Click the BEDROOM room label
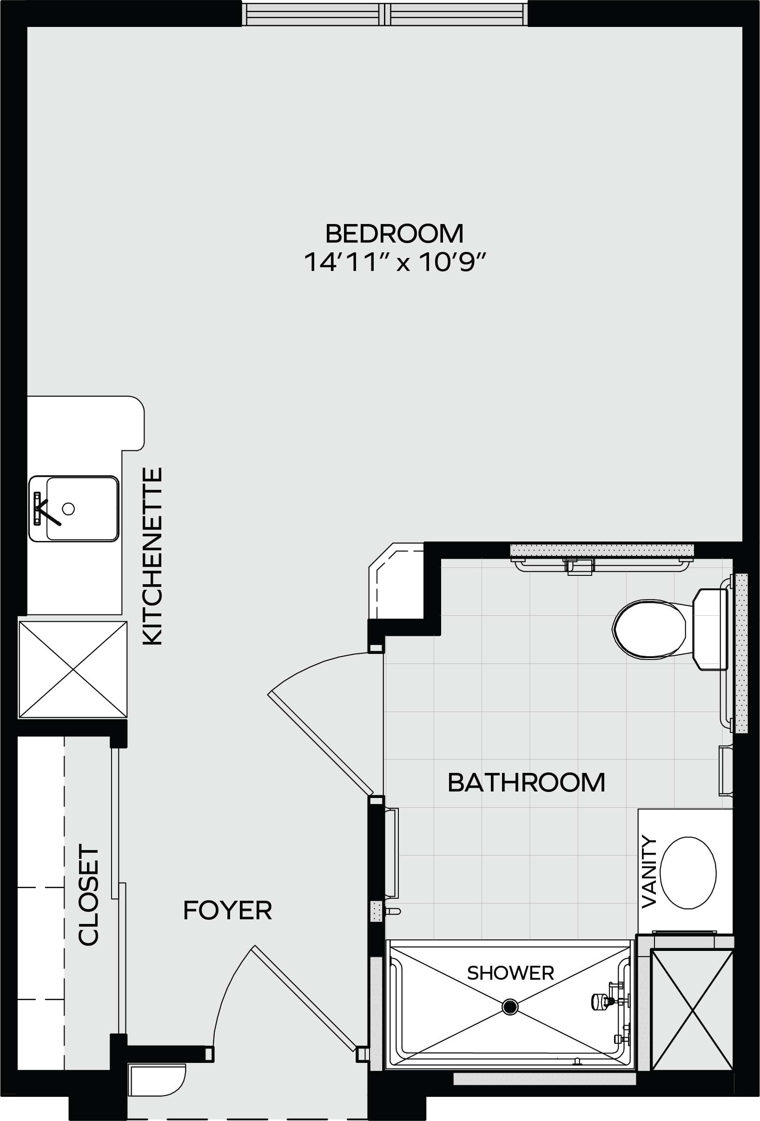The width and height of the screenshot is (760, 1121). pyautogui.click(x=394, y=233)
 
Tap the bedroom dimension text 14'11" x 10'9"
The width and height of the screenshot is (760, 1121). pyautogui.click(x=394, y=263)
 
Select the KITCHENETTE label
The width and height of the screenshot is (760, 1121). pyautogui.click(x=153, y=556)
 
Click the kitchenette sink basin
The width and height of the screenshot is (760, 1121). pyautogui.click(x=82, y=508)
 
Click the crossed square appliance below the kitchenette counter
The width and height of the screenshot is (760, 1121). pyautogui.click(x=73, y=669)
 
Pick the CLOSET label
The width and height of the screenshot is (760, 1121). pyautogui.click(x=89, y=894)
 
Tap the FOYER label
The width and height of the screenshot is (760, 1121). pyautogui.click(x=228, y=910)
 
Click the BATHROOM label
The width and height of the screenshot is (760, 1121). pyautogui.click(x=527, y=782)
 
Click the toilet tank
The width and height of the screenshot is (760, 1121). pyautogui.click(x=710, y=629)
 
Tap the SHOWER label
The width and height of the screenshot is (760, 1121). pyautogui.click(x=510, y=973)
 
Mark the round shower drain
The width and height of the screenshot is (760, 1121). pyautogui.click(x=510, y=1007)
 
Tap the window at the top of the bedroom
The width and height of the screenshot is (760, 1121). pyautogui.click(x=384, y=14)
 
